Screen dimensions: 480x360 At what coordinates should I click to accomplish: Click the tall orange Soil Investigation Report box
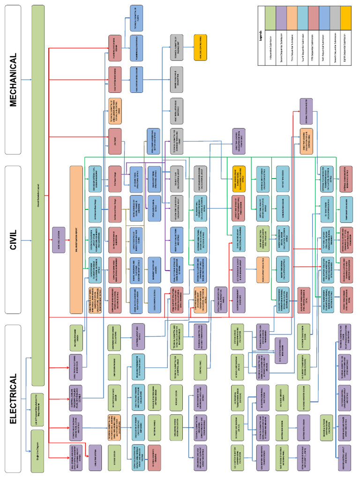click(x=75, y=240)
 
